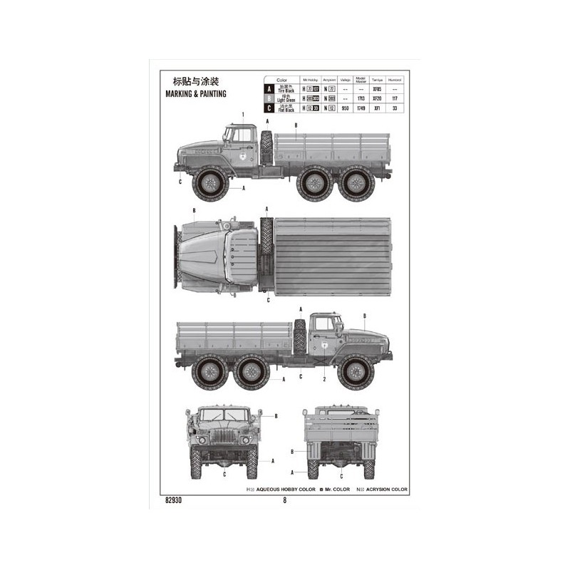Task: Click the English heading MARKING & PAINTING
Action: click(x=196, y=93)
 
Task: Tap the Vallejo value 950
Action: click(x=344, y=108)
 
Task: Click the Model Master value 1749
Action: click(x=361, y=108)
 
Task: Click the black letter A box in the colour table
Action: click(x=269, y=89)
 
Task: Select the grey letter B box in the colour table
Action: click(x=269, y=98)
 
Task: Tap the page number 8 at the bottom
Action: click(x=284, y=499)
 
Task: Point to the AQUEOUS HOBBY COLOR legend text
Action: click(x=281, y=489)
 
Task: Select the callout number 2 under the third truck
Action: click(x=323, y=380)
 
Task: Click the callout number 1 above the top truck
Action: click(x=243, y=114)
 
